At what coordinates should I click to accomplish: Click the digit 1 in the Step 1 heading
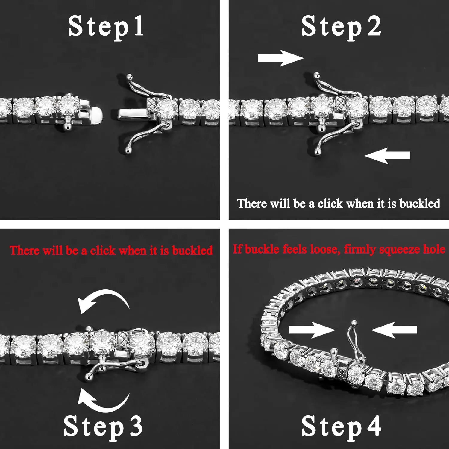[138, 26]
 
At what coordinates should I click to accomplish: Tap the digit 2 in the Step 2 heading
[374, 26]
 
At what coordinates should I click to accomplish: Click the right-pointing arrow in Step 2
[280, 58]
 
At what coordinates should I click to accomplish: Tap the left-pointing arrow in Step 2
[387, 155]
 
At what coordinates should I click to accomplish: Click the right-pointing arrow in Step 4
[312, 330]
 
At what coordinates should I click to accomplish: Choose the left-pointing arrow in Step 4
[394, 330]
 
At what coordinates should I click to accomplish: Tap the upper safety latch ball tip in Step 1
[129, 77]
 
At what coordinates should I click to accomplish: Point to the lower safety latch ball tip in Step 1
[128, 151]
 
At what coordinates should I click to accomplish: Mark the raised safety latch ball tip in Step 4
[354, 323]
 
